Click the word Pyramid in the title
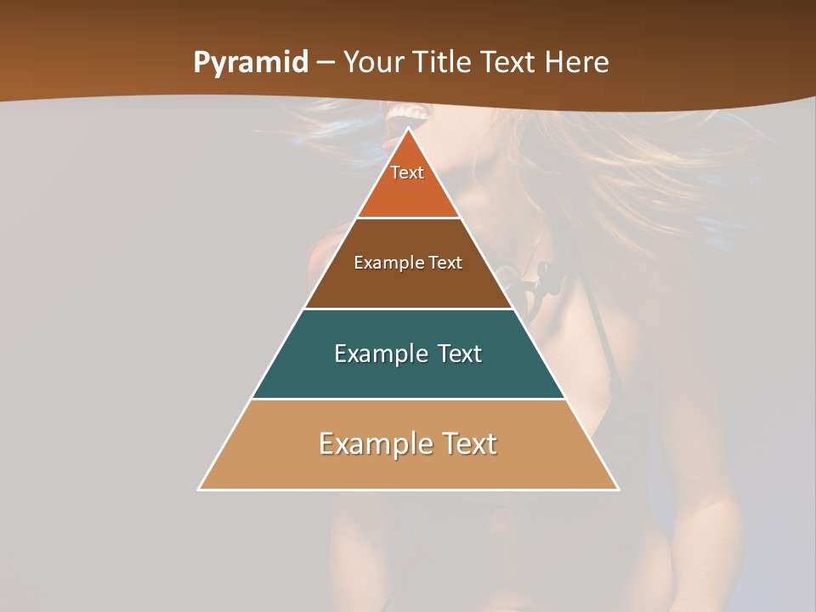(250, 63)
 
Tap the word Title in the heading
(444, 62)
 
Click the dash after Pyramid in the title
(326, 63)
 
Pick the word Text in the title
(509, 62)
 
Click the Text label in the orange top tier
(407, 173)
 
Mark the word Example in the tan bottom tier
(373, 444)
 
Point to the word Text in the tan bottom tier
(467, 444)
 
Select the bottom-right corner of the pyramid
(617, 489)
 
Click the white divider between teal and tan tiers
(409, 399)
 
